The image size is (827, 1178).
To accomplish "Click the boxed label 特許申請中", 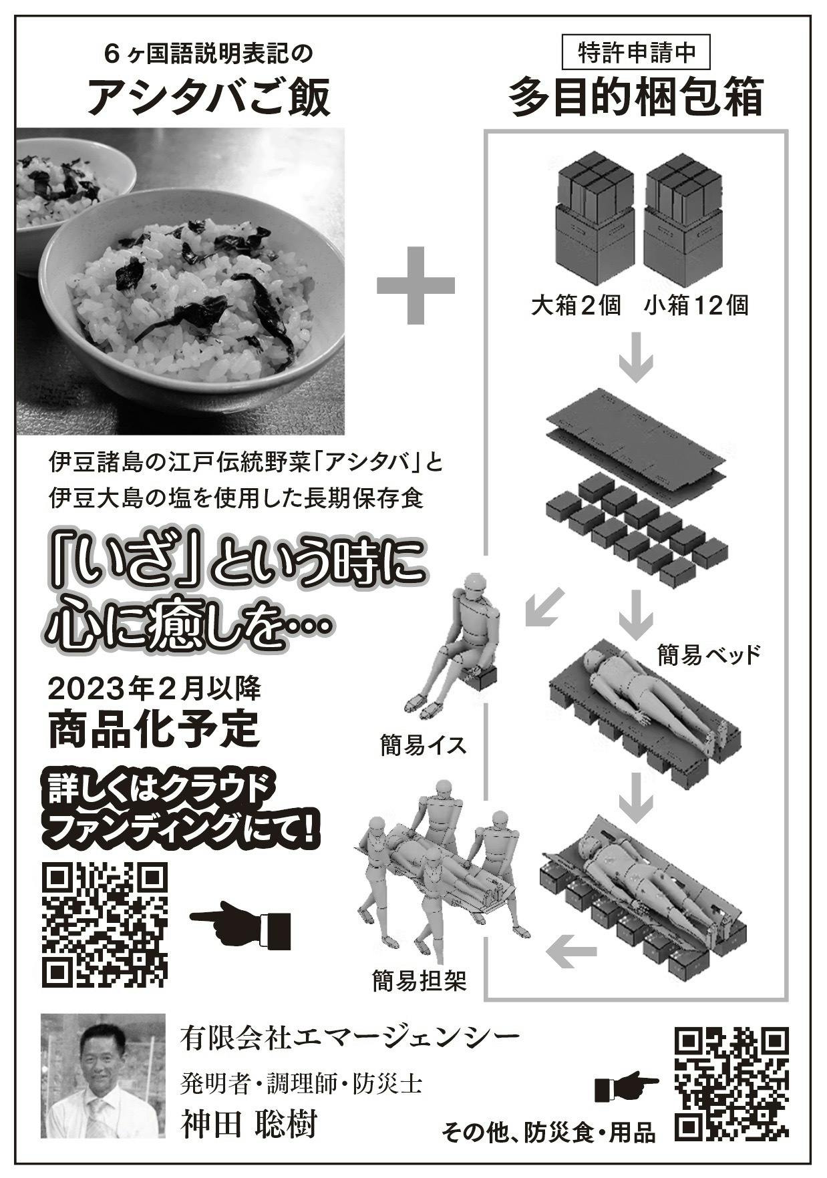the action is tap(635, 53).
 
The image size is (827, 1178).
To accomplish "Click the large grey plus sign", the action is tap(415, 285).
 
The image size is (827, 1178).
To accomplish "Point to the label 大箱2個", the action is tap(576, 306).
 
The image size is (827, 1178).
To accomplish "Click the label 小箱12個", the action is tap(696, 306).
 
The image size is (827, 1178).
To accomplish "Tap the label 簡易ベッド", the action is tap(709, 655).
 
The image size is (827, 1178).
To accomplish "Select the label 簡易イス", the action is tap(423, 745).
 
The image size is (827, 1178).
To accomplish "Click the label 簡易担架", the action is tap(419, 980).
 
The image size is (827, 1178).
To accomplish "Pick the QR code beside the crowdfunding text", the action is tap(105, 925).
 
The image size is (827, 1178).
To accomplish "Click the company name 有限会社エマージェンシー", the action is tap(349, 1037).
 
